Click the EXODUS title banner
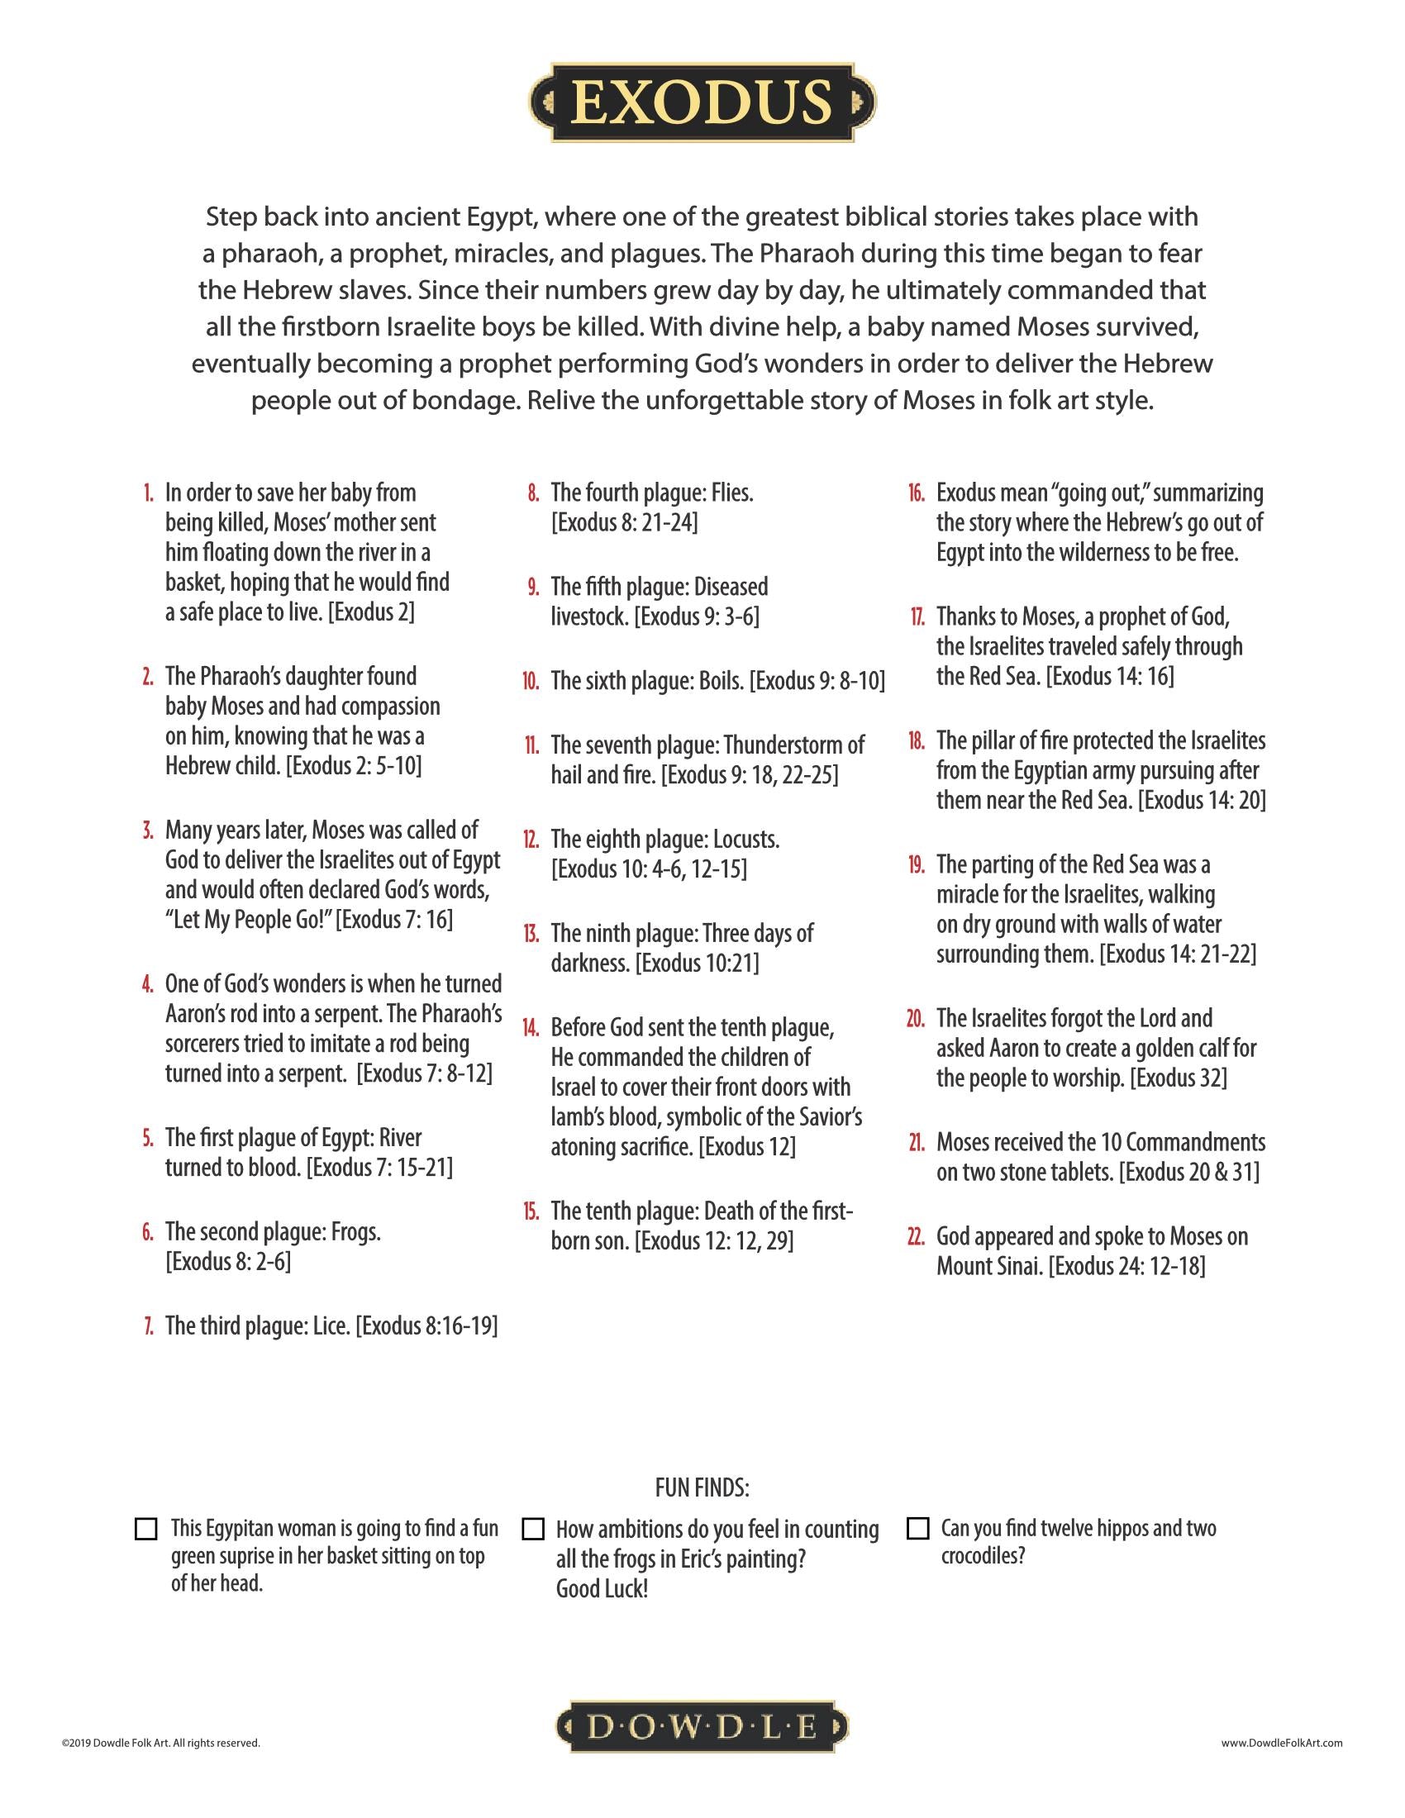[702, 102]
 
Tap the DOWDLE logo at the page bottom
[702, 1728]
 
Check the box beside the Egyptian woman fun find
[145, 1529]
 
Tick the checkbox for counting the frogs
[533, 1529]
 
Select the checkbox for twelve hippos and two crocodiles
[917, 1529]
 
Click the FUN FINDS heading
[702, 1487]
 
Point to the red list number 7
[148, 1326]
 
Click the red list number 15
[531, 1211]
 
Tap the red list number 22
[916, 1237]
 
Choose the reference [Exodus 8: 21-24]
[624, 523]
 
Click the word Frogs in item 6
[355, 1232]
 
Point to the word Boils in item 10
[721, 681]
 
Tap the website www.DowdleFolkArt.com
[1282, 1743]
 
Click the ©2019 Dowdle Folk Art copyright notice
[160, 1743]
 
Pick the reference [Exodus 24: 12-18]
[1126, 1267]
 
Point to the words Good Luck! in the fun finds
[602, 1589]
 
